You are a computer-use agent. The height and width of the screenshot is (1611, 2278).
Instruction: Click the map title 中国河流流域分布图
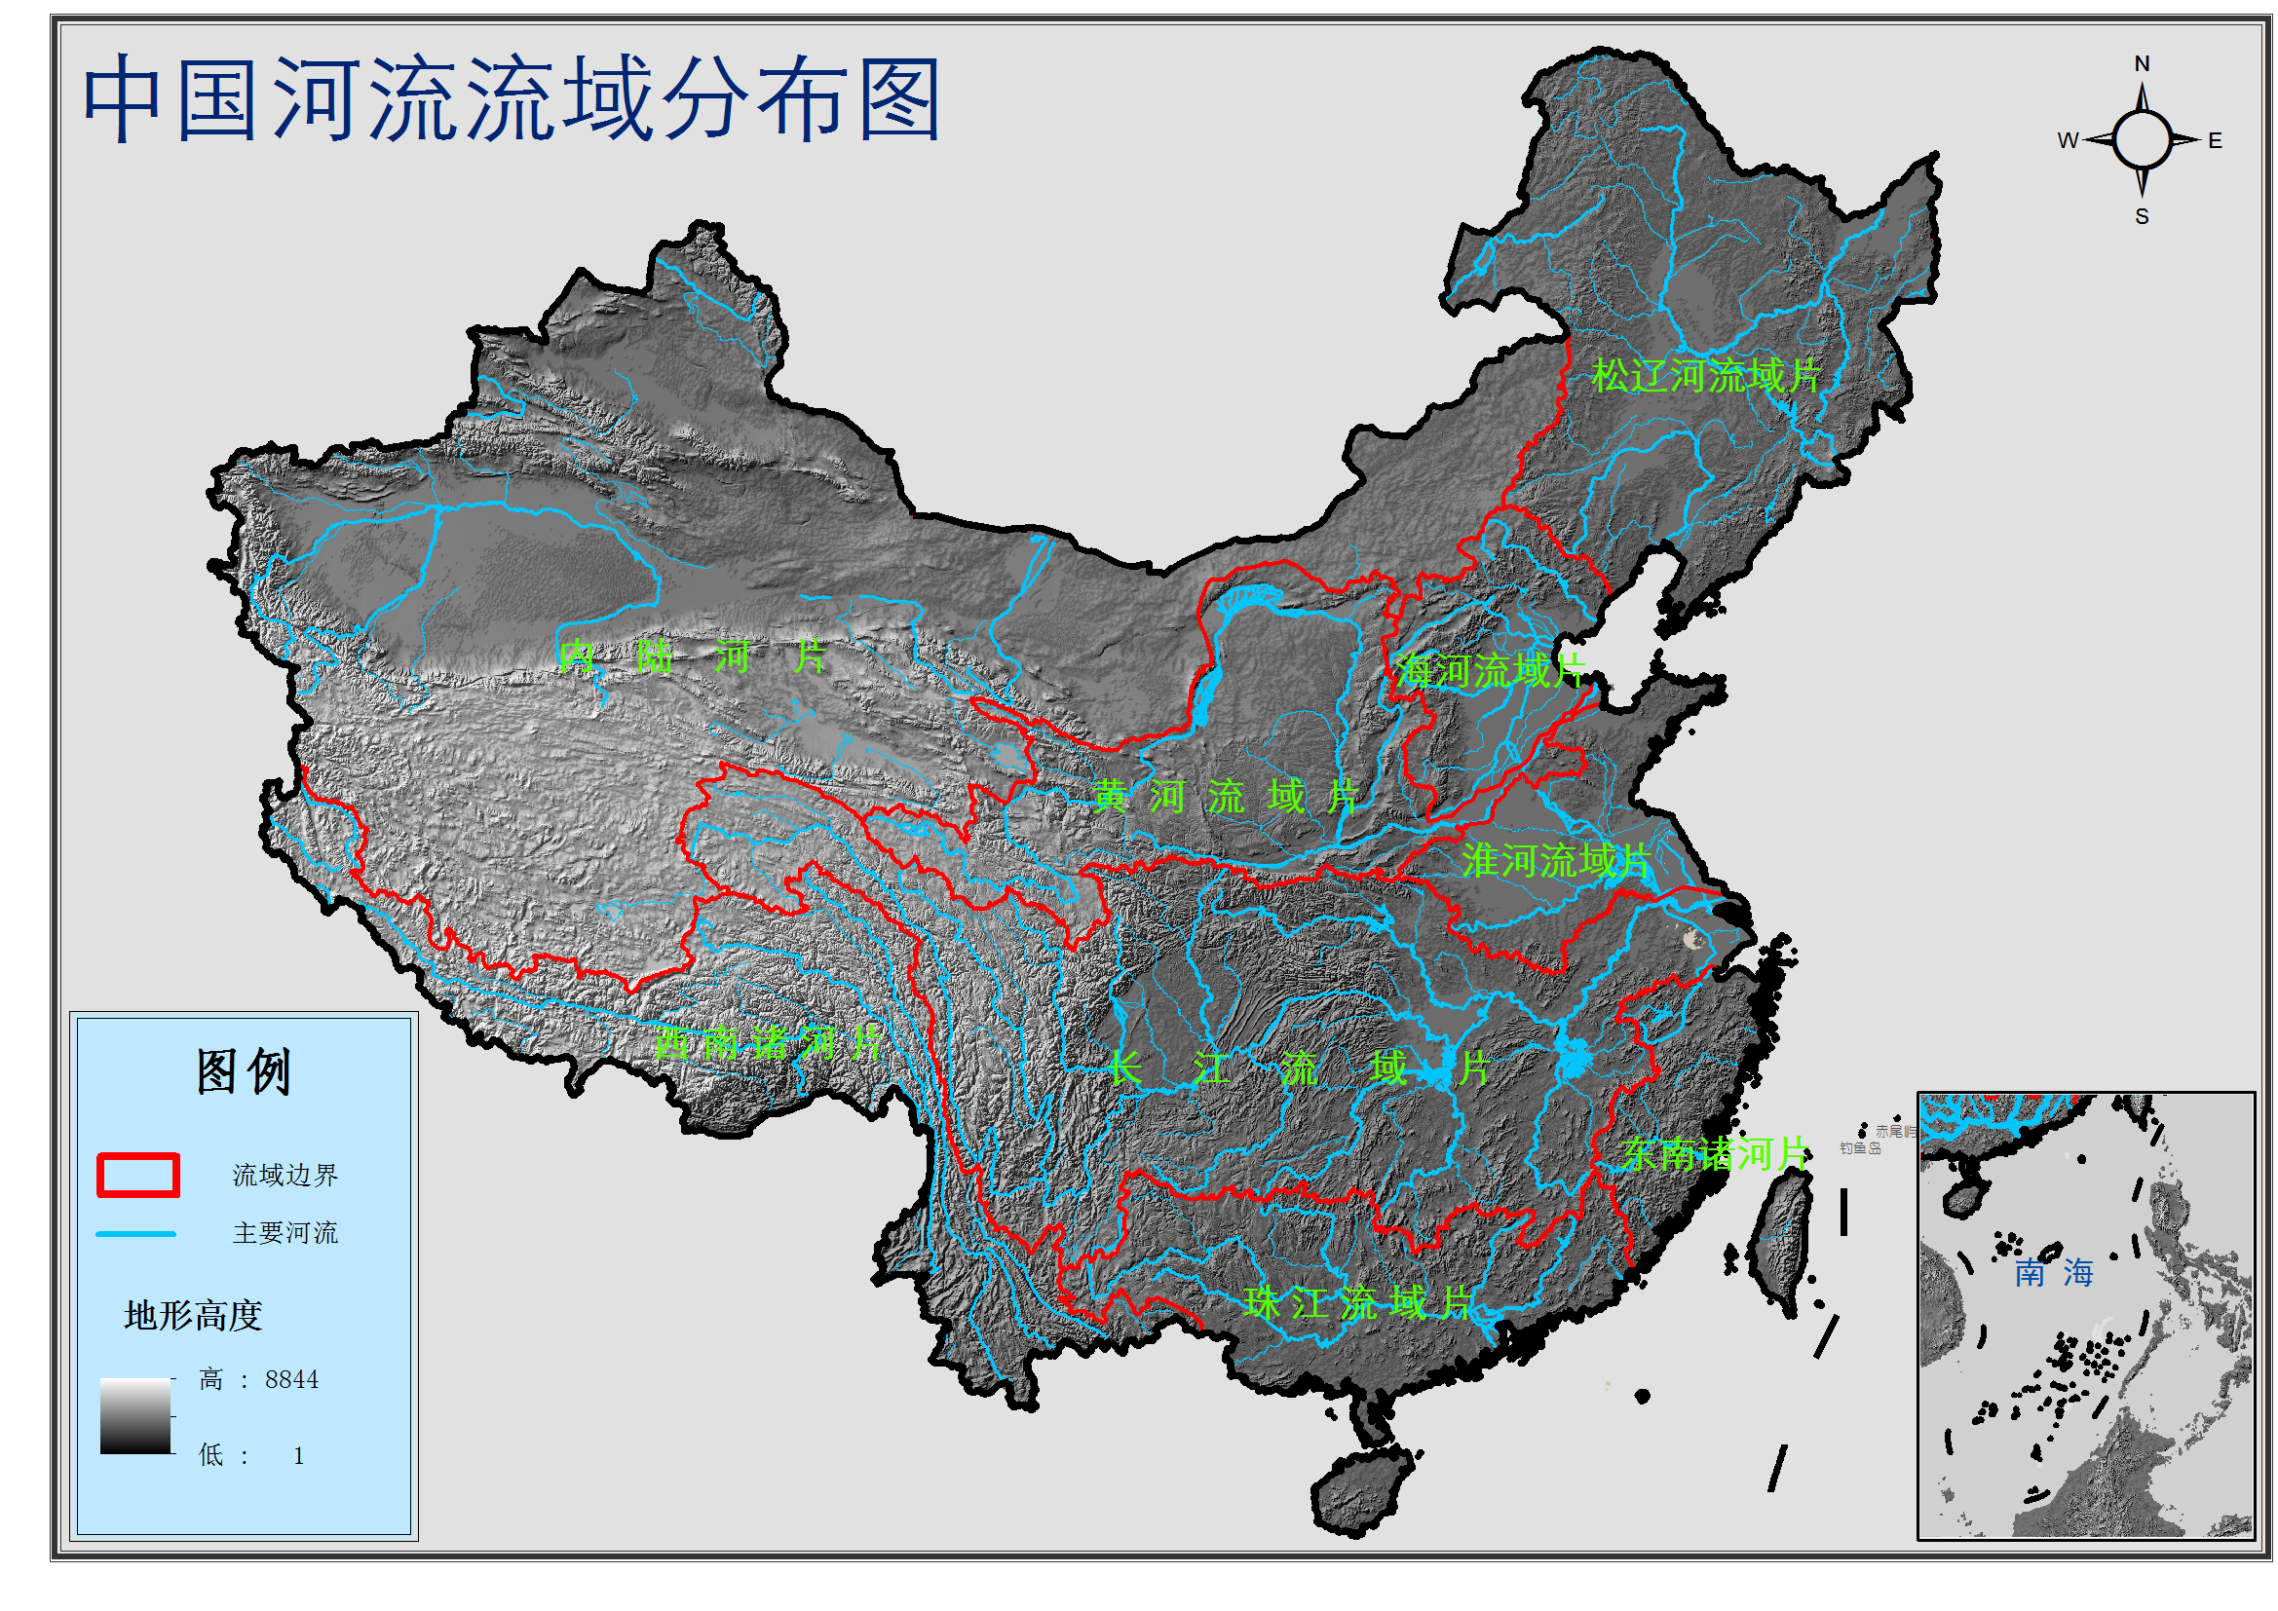click(510, 99)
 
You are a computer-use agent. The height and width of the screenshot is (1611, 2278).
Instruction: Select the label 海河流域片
click(1489, 672)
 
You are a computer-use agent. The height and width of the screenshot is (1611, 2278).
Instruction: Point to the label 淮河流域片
click(1555, 860)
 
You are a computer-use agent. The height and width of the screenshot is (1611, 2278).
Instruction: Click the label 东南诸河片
click(1715, 1153)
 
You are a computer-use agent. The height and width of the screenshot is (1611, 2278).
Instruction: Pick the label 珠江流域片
click(1356, 1302)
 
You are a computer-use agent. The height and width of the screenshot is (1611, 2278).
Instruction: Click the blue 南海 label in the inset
click(2053, 1273)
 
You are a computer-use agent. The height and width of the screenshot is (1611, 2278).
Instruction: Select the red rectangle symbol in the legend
click(138, 1175)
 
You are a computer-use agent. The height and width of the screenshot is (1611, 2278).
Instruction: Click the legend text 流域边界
click(285, 1176)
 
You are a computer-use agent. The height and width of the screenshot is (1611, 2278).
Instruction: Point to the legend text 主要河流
click(285, 1233)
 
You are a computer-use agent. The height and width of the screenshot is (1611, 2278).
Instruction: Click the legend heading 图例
click(243, 1071)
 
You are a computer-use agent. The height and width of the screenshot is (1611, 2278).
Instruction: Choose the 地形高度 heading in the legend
click(193, 1315)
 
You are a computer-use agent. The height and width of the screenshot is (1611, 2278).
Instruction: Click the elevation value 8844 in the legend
click(291, 1380)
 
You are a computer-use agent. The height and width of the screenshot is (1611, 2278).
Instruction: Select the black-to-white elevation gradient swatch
click(134, 1416)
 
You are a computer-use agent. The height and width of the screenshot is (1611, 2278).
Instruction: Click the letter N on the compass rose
click(2142, 63)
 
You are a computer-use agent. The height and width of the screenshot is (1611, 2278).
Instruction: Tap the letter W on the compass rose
click(2068, 141)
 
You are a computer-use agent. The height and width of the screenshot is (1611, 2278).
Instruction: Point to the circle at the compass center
click(2142, 140)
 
